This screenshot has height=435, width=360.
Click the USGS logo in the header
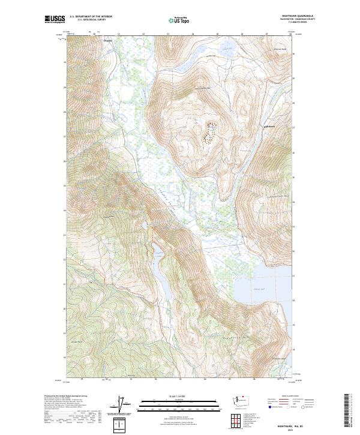tap(55, 20)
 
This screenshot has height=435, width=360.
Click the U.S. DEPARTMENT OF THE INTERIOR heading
tap(91, 17)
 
